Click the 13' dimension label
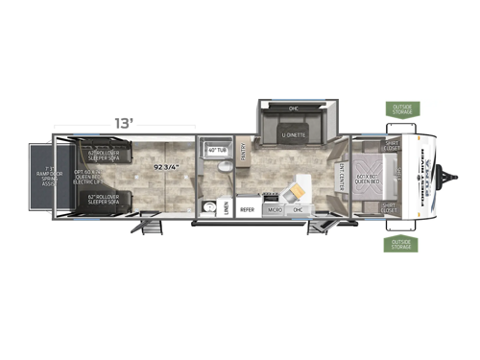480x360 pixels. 125,124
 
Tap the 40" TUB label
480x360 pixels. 215,149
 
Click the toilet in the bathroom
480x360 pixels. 223,167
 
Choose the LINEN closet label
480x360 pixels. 226,205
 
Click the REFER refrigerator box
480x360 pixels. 247,207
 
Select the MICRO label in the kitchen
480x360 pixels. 274,207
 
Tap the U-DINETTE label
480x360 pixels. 294,135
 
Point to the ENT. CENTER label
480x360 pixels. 342,177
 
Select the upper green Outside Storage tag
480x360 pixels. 400,108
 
